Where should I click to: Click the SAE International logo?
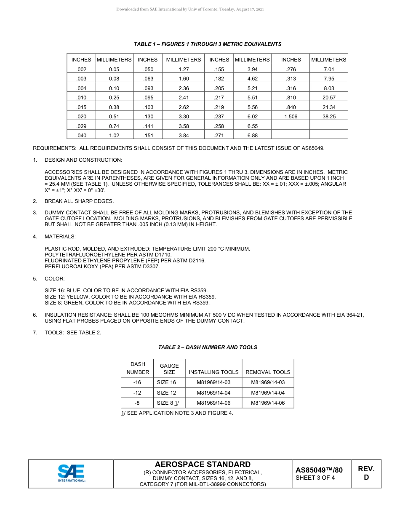[x=71, y=473]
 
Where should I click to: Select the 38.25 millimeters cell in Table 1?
[x=329, y=117]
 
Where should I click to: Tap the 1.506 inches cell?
[x=291, y=117]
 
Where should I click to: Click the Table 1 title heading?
[x=208, y=44]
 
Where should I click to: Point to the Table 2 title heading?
[x=208, y=347]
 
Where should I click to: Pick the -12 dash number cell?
[x=137, y=393]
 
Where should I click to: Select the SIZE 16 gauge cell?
[x=166, y=382]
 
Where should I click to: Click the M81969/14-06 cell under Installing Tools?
[x=213, y=403]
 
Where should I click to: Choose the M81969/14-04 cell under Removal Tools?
[x=268, y=393]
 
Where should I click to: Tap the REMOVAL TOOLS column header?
[x=268, y=372]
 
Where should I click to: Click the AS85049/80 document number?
[x=319, y=470]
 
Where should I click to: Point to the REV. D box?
[x=366, y=473]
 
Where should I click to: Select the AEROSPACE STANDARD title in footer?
[x=203, y=464]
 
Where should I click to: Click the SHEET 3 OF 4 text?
[x=315, y=478]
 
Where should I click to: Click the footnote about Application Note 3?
[x=177, y=413]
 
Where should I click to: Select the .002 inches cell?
[x=81, y=69]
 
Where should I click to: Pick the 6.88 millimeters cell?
[x=252, y=136]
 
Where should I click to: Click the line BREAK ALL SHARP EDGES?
[x=79, y=201]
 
